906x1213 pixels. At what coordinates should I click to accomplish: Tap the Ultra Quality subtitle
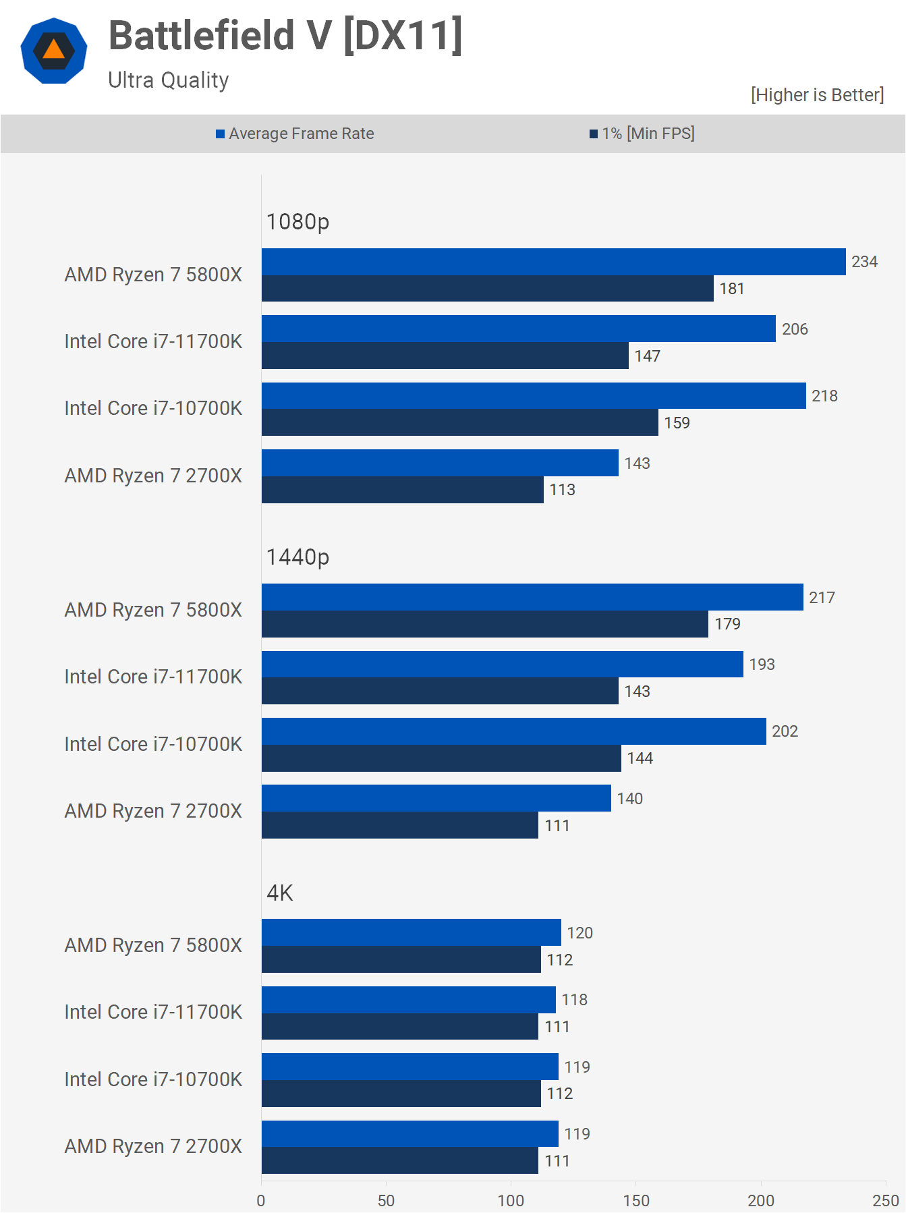(169, 80)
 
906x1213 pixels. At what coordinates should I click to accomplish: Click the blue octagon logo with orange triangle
(54, 51)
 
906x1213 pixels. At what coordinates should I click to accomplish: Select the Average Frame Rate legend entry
(295, 134)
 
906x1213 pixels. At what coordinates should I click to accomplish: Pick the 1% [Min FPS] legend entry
(642, 134)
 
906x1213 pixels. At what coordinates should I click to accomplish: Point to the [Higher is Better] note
(817, 95)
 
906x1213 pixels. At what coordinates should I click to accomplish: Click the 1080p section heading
(298, 221)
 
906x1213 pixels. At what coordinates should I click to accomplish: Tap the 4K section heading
(280, 893)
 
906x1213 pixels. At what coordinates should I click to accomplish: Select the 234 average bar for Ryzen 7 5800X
(553, 262)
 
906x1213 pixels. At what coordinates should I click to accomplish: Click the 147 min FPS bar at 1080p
(445, 356)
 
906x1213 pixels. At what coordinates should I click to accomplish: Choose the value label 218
(824, 396)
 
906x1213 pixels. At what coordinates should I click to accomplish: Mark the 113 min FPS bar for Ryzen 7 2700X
(403, 490)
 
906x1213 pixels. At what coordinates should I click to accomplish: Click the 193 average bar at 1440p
(503, 664)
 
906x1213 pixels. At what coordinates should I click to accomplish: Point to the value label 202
(785, 731)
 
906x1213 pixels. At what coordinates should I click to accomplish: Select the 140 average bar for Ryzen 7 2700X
(436, 798)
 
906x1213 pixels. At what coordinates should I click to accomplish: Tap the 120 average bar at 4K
(412, 932)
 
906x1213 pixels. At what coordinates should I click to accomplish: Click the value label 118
(575, 1000)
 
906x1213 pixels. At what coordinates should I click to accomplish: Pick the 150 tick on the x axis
(636, 1200)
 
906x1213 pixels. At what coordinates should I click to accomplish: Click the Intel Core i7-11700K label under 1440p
(153, 677)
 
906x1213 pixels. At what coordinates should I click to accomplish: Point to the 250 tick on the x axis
(885, 1200)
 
